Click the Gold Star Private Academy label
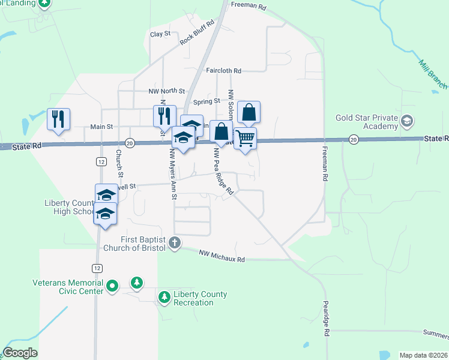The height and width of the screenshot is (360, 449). click(x=367, y=122)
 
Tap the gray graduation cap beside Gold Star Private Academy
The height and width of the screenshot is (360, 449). click(x=408, y=122)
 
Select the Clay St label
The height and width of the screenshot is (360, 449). click(x=160, y=34)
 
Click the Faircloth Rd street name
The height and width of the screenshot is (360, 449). click(x=223, y=70)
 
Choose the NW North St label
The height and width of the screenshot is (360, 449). click(x=167, y=91)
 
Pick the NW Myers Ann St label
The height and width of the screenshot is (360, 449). click(x=173, y=175)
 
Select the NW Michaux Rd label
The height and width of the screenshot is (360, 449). click(x=222, y=256)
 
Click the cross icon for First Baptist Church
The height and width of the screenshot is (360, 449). click(x=174, y=243)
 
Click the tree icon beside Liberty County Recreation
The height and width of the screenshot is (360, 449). click(x=164, y=296)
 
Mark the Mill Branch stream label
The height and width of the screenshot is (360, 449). click(x=432, y=73)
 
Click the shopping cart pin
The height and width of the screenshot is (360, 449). click(x=245, y=139)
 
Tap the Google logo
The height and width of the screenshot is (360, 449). click(x=20, y=353)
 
